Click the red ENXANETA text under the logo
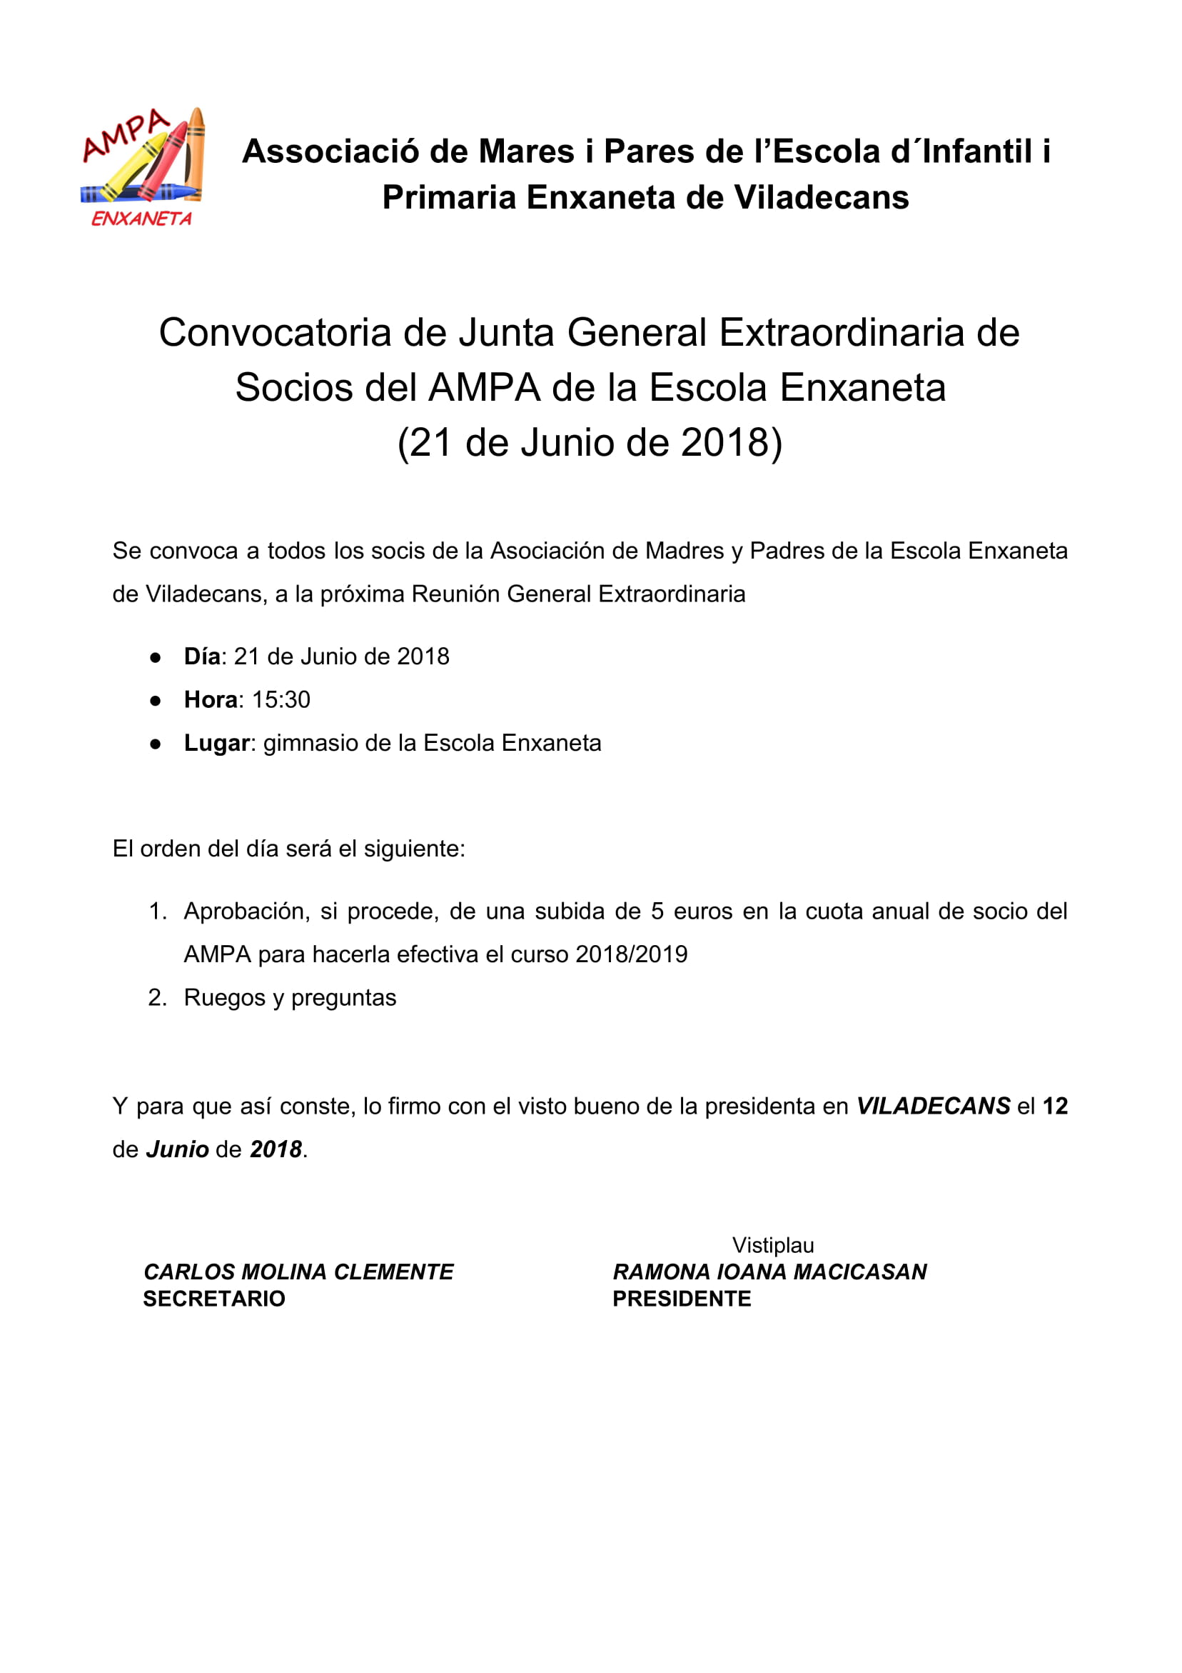coord(141,219)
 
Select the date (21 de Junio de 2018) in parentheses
coord(590,442)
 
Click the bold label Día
coord(202,656)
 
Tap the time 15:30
coord(281,699)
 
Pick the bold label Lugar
coord(217,743)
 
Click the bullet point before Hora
coord(155,701)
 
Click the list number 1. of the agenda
coord(157,912)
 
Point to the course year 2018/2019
coord(632,954)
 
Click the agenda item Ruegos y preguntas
coord(290,997)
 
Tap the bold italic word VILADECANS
coord(933,1106)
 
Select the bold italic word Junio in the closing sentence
coord(178,1149)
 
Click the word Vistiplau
coord(773,1245)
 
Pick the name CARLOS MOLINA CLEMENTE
coord(298,1272)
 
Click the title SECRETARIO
coord(214,1299)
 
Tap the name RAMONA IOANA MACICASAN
coord(769,1272)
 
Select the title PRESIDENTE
coord(682,1299)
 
